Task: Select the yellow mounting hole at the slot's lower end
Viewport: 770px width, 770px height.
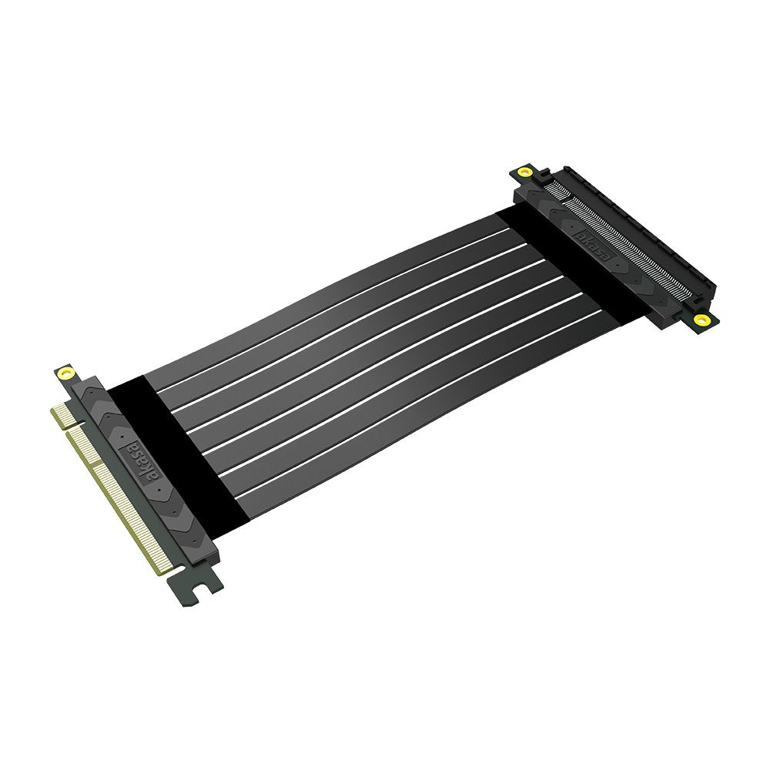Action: (701, 319)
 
